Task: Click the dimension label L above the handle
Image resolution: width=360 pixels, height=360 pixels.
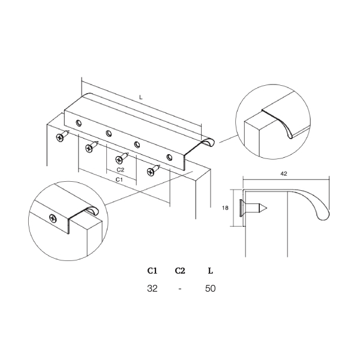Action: (x=141, y=97)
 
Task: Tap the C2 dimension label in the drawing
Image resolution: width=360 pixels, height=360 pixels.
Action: (x=121, y=170)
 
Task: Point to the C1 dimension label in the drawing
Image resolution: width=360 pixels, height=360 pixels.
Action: (x=119, y=179)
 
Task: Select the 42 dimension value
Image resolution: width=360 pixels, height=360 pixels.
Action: (x=284, y=174)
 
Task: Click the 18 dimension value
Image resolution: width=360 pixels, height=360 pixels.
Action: (x=225, y=208)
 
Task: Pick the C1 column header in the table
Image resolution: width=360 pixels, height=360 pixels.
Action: (x=152, y=271)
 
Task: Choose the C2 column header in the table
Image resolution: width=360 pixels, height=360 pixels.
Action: (x=180, y=271)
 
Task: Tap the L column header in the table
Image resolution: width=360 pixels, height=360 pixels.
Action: (x=211, y=271)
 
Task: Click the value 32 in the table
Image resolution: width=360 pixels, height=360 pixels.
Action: (x=152, y=289)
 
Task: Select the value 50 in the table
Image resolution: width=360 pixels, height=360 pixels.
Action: (x=211, y=289)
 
